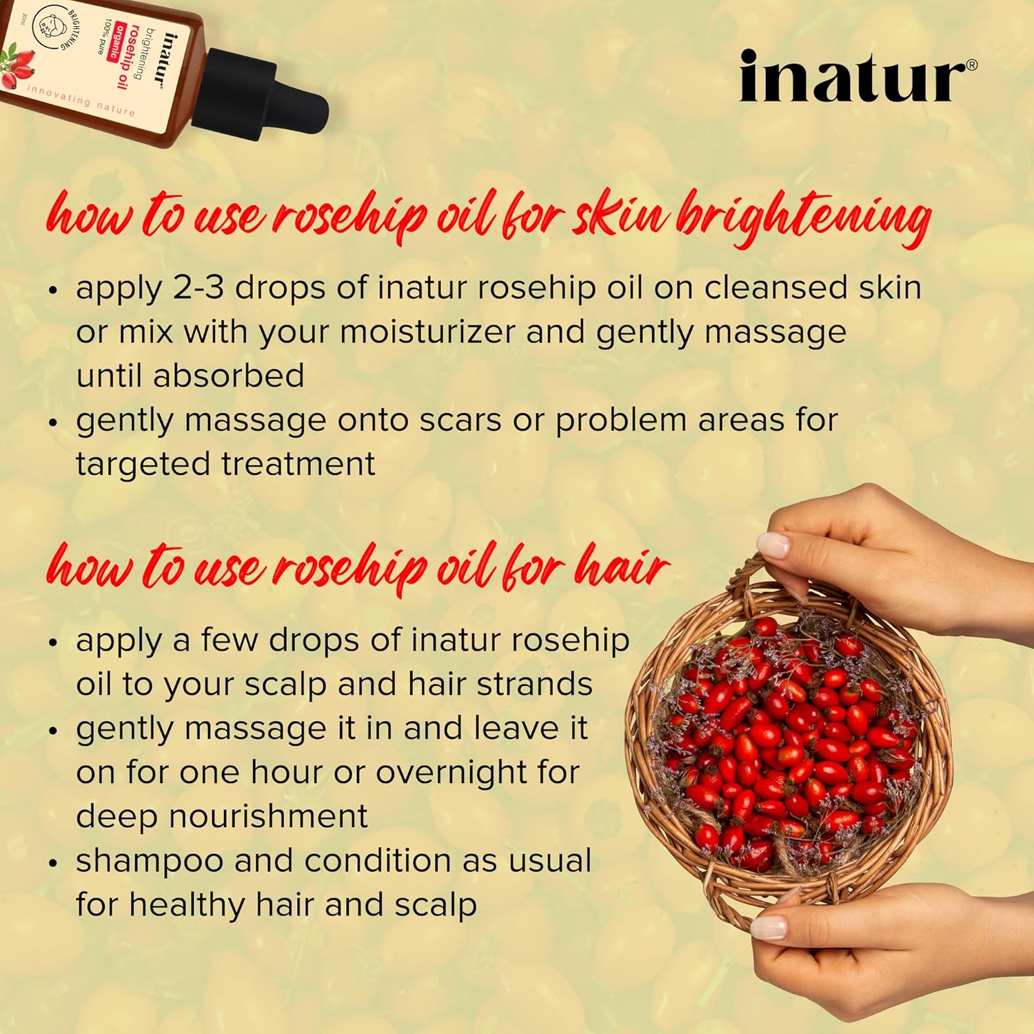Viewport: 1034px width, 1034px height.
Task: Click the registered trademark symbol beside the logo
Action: click(971, 65)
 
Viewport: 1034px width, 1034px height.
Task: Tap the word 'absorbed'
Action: click(228, 376)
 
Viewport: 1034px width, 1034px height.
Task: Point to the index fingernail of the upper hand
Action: click(773, 545)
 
